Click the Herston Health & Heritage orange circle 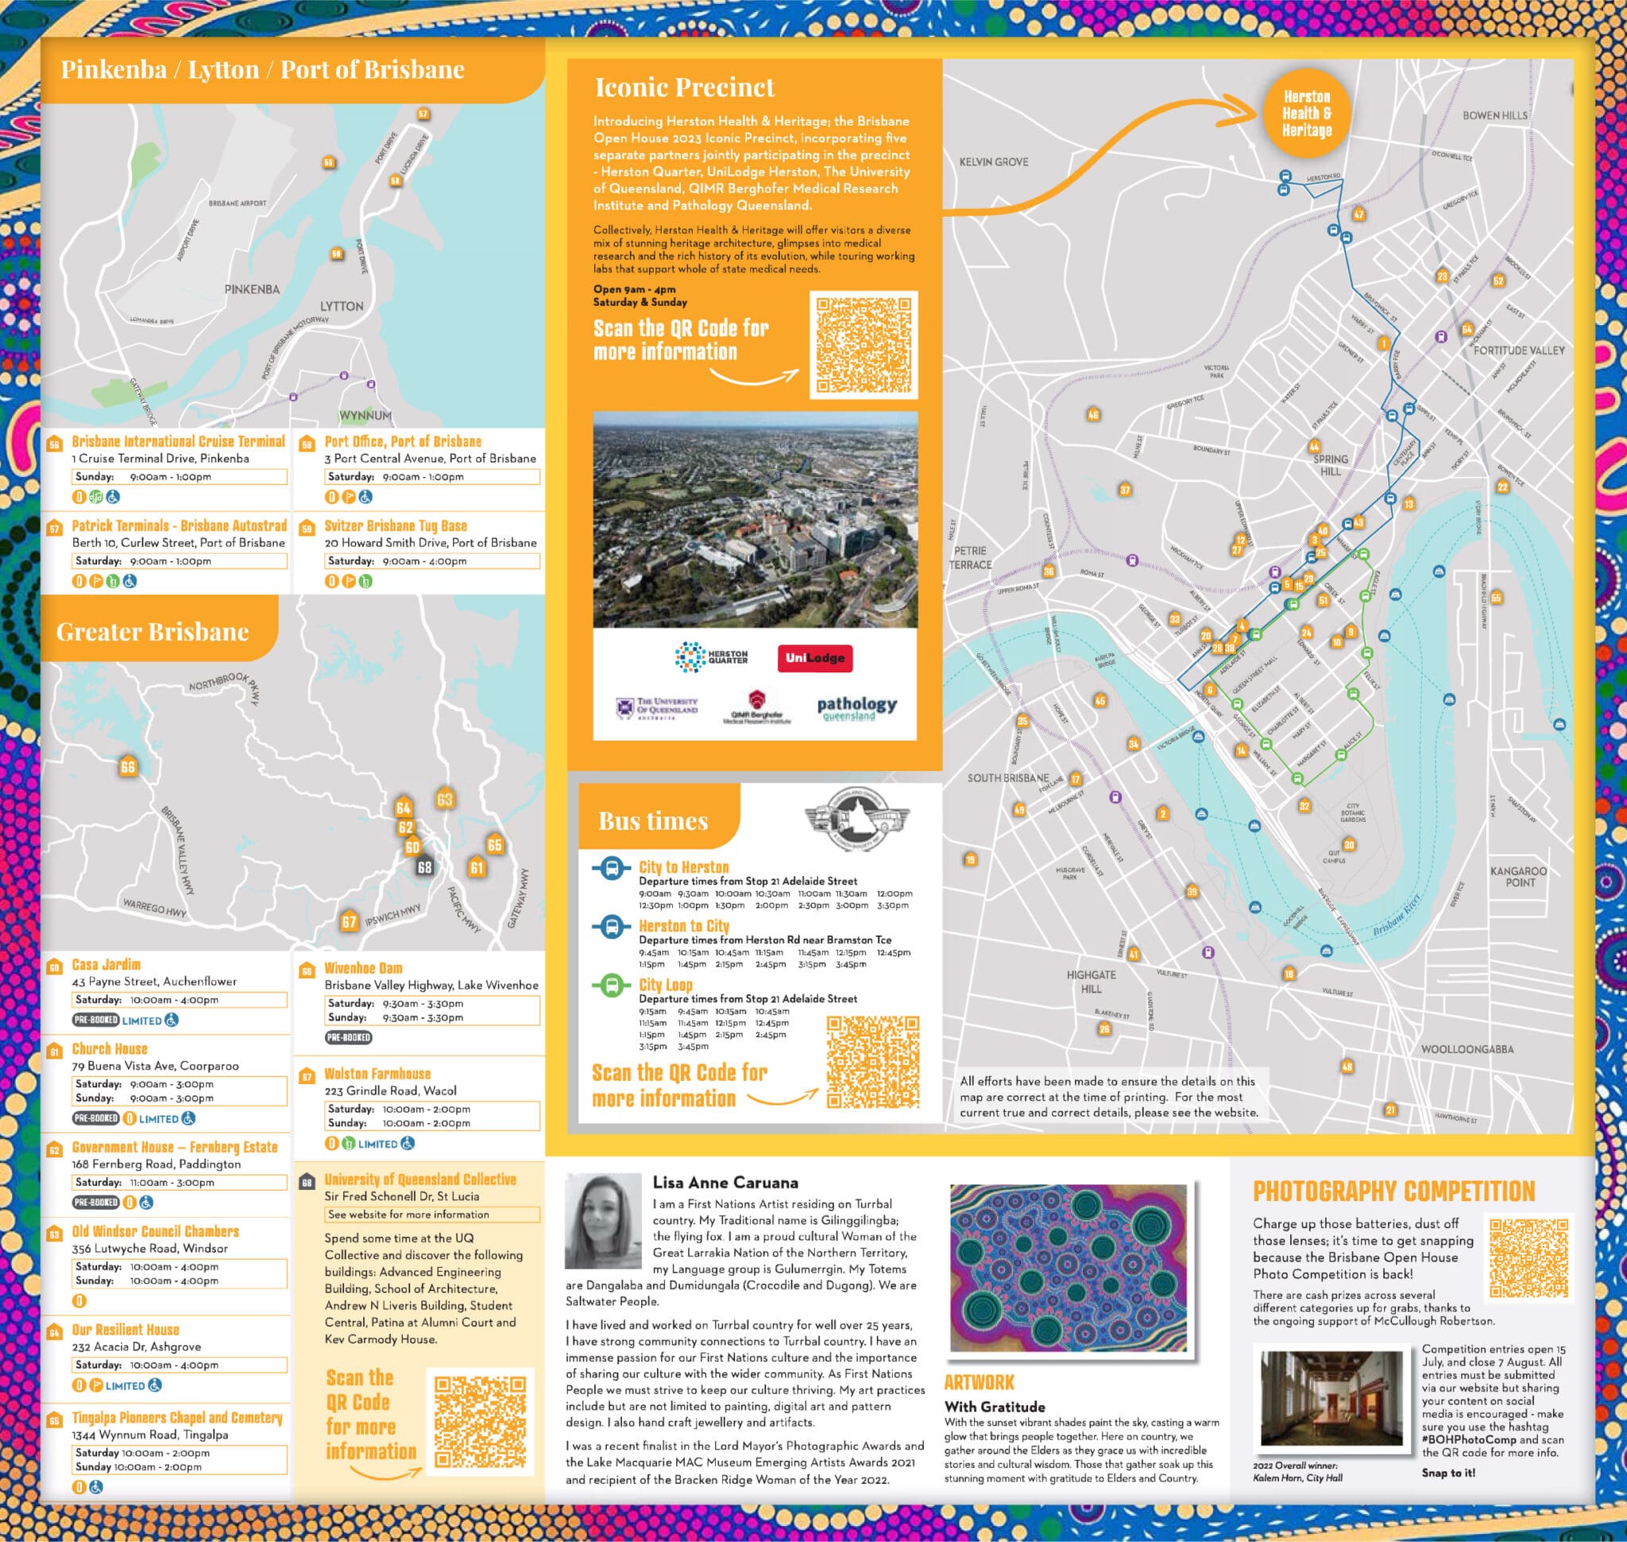point(1307,114)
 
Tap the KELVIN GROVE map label point(994,162)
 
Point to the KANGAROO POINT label point(1518,876)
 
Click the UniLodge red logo point(815,658)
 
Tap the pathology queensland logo point(856,707)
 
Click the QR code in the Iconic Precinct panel point(864,344)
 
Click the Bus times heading point(653,821)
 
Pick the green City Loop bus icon point(612,985)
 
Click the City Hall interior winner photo point(1332,1398)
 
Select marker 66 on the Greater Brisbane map point(127,767)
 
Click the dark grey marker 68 point(424,867)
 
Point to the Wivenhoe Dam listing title point(363,968)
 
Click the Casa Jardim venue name point(106,965)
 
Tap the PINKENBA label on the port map point(252,289)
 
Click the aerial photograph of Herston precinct point(756,520)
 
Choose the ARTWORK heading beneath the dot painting point(979,1381)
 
